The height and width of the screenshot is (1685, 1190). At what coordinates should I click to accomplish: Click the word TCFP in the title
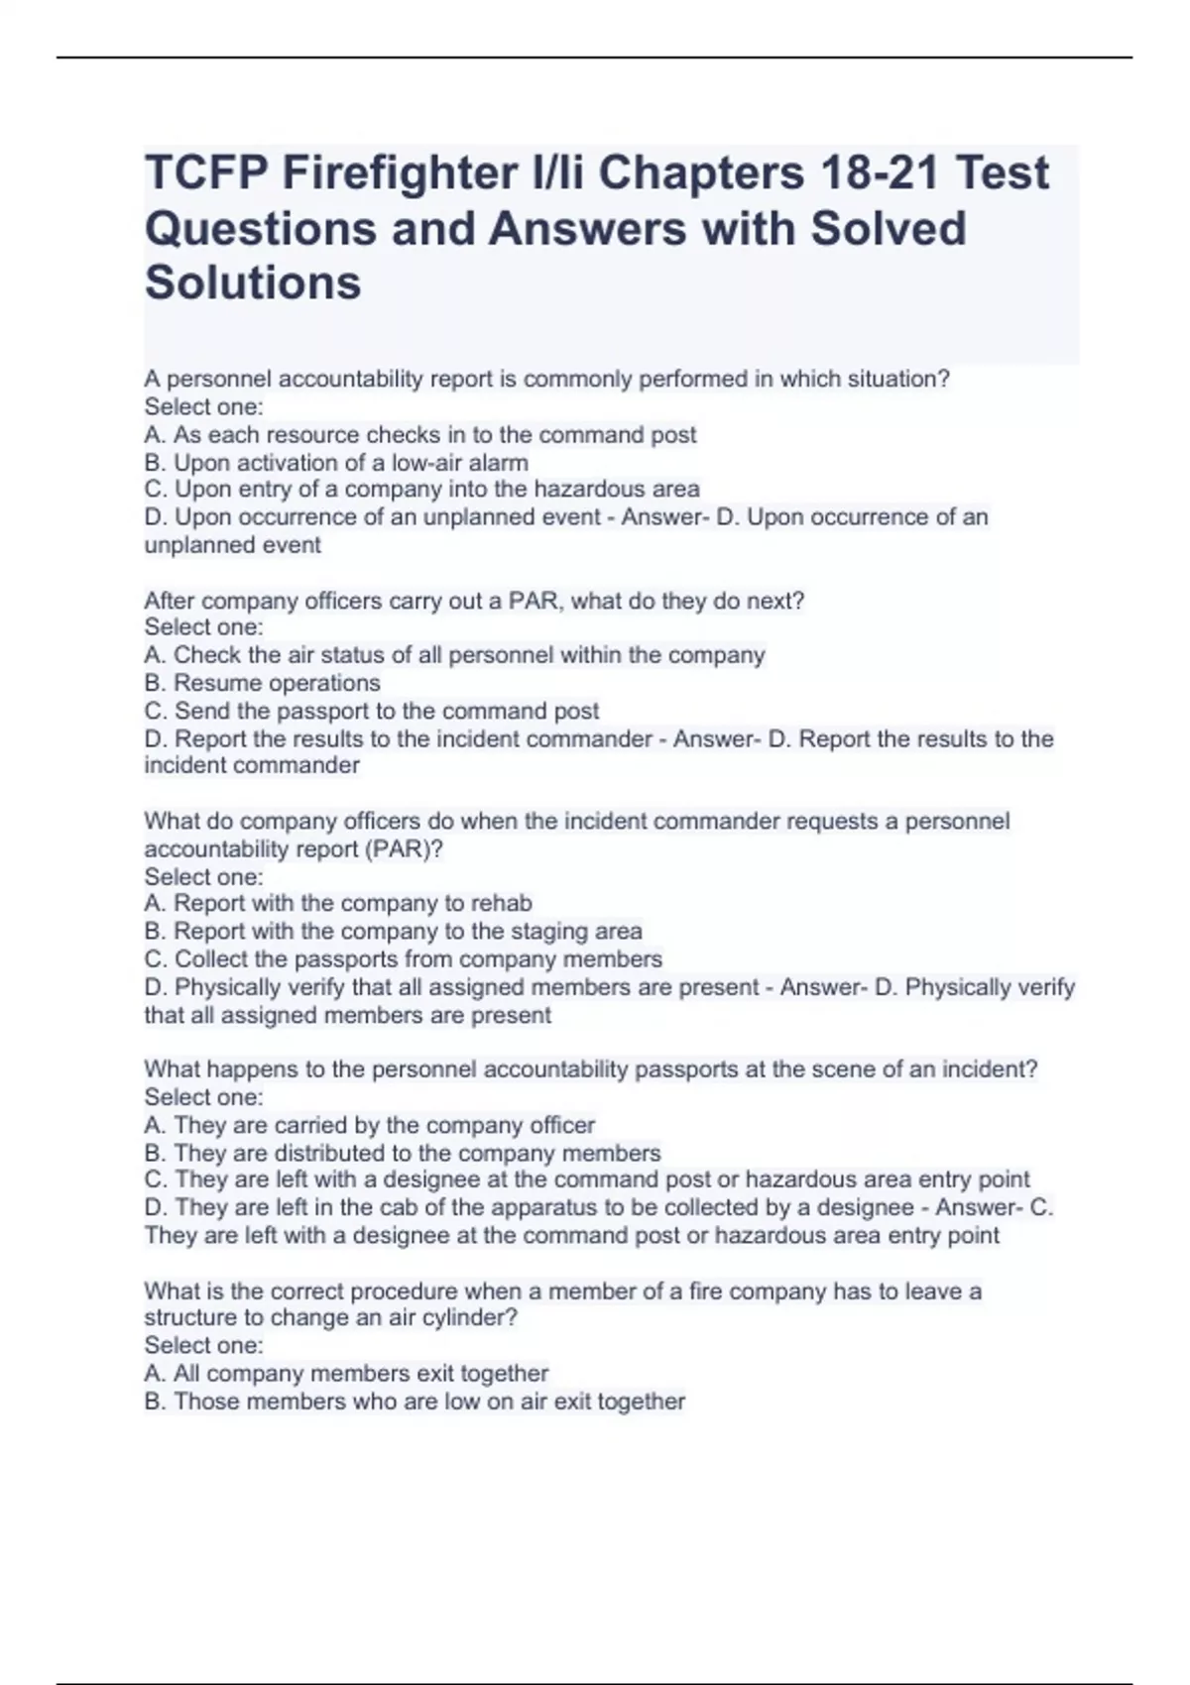pyautogui.click(x=205, y=173)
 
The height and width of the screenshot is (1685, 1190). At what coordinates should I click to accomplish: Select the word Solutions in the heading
pyautogui.click(x=253, y=282)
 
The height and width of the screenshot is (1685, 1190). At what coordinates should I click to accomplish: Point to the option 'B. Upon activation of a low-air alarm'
pyautogui.click(x=336, y=463)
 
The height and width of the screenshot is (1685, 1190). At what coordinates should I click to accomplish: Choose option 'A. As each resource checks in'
pyautogui.click(x=420, y=435)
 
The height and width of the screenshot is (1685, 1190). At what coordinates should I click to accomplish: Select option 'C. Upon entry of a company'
pyautogui.click(x=422, y=490)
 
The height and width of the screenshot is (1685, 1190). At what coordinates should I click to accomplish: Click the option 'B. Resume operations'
pyautogui.click(x=263, y=683)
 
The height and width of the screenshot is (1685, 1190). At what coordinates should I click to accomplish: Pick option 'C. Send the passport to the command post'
pyautogui.click(x=372, y=711)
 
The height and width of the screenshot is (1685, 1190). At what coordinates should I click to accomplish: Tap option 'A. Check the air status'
pyautogui.click(x=454, y=655)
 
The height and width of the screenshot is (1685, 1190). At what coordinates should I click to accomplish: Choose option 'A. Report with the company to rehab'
pyautogui.click(x=338, y=904)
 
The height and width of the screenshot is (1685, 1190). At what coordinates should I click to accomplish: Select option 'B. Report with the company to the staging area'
pyautogui.click(x=393, y=932)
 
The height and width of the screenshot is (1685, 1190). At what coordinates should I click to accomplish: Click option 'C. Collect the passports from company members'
pyautogui.click(x=404, y=959)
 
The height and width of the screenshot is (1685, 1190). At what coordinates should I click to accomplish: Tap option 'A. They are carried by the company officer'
pyautogui.click(x=370, y=1126)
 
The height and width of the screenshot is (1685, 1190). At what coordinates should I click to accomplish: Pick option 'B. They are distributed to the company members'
pyautogui.click(x=403, y=1154)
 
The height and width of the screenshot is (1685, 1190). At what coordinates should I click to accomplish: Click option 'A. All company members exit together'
pyautogui.click(x=346, y=1374)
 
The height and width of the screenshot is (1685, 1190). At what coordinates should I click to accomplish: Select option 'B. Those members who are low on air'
pyautogui.click(x=415, y=1402)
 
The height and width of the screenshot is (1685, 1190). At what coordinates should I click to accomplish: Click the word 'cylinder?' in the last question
pyautogui.click(x=475, y=1318)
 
